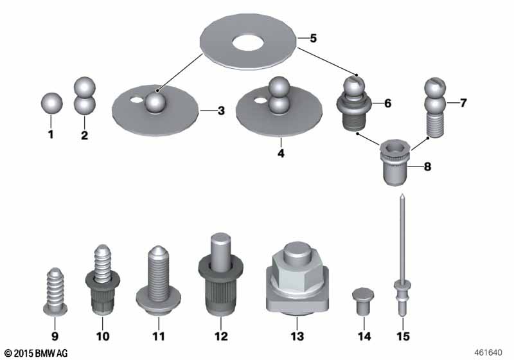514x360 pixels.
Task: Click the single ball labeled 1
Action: (52, 103)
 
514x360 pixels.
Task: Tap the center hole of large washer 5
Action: (247, 42)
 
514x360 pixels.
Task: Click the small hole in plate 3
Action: (136, 100)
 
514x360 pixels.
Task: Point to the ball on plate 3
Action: (155, 102)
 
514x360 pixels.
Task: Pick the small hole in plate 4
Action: (261, 100)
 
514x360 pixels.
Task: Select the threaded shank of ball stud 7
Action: (436, 125)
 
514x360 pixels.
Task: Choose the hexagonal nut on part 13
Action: (297, 273)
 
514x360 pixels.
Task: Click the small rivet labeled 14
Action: (363, 301)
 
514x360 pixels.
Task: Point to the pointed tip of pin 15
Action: (402, 194)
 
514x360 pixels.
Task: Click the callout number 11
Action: (158, 336)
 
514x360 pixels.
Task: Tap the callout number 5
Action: (314, 38)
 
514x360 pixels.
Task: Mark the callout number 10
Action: (102, 336)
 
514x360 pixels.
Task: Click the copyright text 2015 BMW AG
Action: (36, 353)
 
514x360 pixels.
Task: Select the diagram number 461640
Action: (488, 352)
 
